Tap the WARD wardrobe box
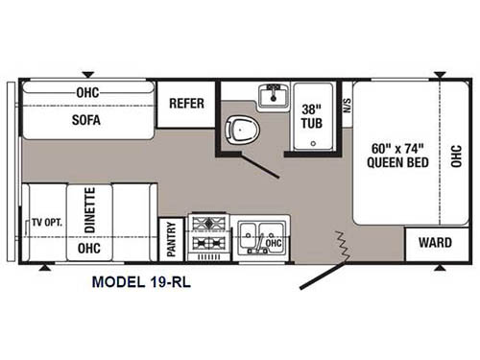tap(428, 243)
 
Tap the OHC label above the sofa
tap(87, 92)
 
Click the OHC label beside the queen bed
tap(456, 156)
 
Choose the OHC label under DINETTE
tap(89, 248)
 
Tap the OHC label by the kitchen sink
tap(274, 243)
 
